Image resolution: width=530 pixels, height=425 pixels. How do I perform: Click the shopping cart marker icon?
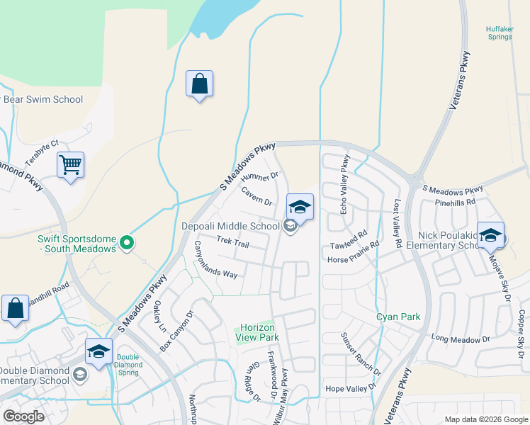tap(70, 165)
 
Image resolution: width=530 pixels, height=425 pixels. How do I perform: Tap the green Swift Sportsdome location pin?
tap(127, 244)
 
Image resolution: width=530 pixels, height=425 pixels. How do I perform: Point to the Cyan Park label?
tap(398, 317)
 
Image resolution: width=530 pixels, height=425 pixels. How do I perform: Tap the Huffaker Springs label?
tap(499, 33)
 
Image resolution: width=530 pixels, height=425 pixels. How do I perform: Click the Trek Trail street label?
tap(233, 243)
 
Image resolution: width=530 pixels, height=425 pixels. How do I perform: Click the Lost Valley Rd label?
tap(398, 222)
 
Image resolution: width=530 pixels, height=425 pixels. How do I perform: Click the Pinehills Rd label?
tap(456, 202)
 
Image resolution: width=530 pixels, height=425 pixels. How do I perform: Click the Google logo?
tap(24, 416)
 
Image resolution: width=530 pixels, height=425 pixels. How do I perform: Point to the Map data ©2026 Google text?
tap(485, 419)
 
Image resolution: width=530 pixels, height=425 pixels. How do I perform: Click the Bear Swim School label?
tap(43, 100)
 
